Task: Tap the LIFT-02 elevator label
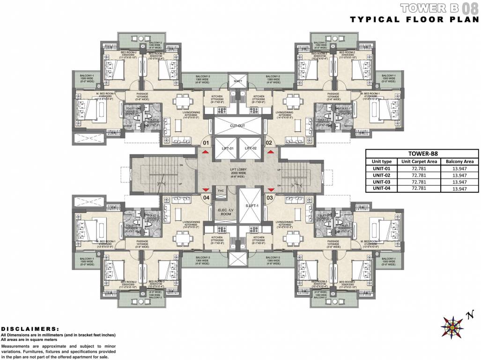[251, 148]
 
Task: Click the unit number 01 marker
[205, 142]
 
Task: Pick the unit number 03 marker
[269, 198]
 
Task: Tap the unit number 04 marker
[206, 198]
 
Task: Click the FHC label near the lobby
[219, 190]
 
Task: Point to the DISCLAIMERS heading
[30, 329]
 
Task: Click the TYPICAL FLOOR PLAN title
[414, 19]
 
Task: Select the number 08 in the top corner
[471, 8]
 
